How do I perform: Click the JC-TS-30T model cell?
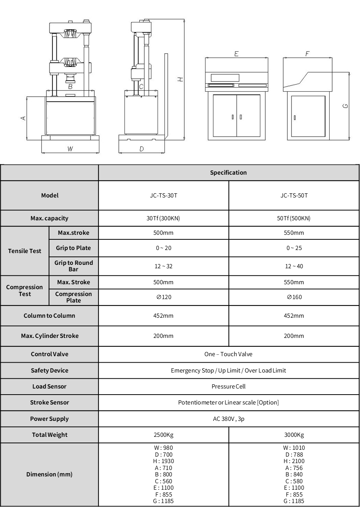click(x=163, y=196)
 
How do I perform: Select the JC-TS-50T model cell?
click(x=294, y=196)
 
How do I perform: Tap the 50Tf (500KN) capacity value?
click(x=294, y=218)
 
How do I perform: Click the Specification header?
click(x=228, y=173)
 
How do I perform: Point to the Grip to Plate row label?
click(x=73, y=248)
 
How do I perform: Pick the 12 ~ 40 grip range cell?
click(x=294, y=266)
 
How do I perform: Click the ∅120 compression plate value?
click(x=164, y=297)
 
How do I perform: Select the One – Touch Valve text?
click(x=228, y=354)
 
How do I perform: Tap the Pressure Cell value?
click(x=228, y=387)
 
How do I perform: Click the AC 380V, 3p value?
click(x=228, y=419)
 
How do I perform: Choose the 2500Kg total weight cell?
click(x=163, y=435)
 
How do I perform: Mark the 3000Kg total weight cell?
click(x=294, y=435)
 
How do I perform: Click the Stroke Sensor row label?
click(x=49, y=403)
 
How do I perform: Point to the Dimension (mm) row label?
click(x=49, y=475)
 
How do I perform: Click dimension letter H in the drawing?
click(x=181, y=79)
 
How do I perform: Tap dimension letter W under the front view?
click(x=70, y=149)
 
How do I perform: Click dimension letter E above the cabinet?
click(x=236, y=54)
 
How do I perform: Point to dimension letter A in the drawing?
click(x=23, y=118)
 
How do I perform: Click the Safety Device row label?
click(x=49, y=371)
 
